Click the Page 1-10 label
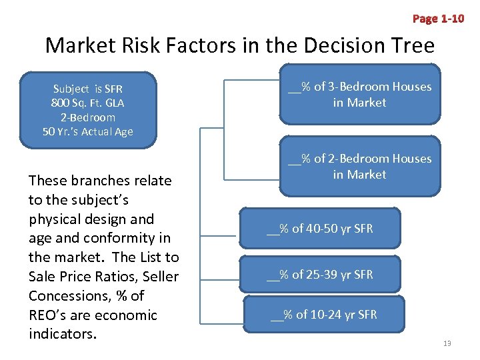[438, 18]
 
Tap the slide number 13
[447, 343]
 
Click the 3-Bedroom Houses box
[359, 94]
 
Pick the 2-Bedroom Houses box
[359, 166]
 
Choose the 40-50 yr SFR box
[320, 229]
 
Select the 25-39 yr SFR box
[320, 274]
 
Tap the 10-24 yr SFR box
[324, 315]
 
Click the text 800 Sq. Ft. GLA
[87, 103]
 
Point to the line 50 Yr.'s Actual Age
[87, 131]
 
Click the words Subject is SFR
[87, 89]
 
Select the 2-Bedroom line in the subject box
[87, 117]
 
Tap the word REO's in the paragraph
[51, 315]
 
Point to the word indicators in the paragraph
[60, 333]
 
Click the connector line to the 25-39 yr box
[220, 274]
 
